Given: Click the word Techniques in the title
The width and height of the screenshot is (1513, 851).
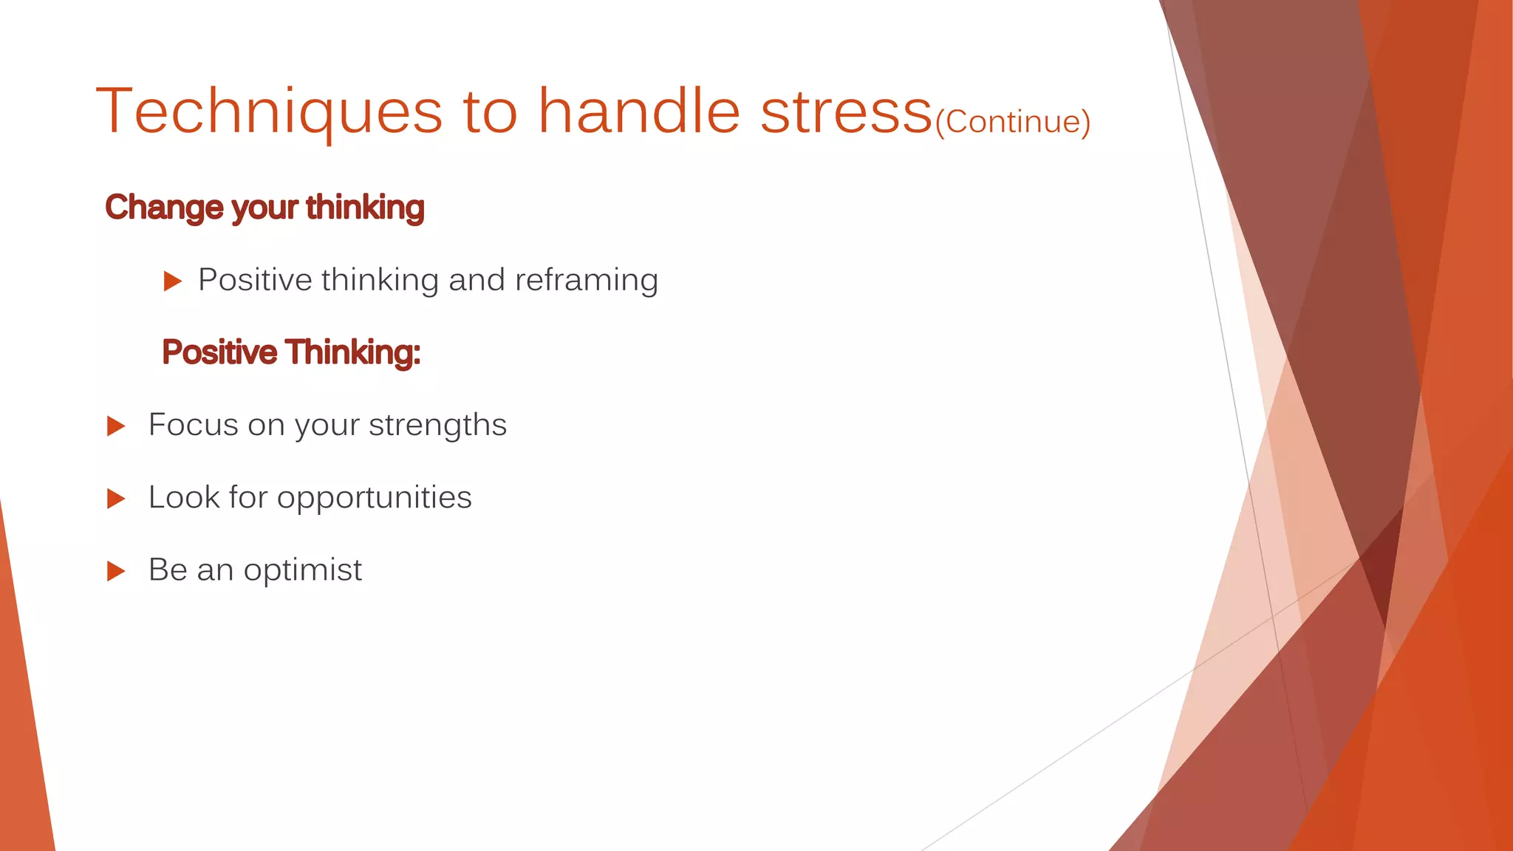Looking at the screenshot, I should [x=269, y=112].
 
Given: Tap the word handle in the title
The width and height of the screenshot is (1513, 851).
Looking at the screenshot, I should [x=639, y=112].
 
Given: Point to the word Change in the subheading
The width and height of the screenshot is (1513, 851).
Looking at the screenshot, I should [x=164, y=208].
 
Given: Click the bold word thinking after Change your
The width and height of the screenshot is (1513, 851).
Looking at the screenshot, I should [x=365, y=208].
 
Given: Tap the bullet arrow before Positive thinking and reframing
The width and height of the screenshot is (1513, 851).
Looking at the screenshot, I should [x=172, y=281].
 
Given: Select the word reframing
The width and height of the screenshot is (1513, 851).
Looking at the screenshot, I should [x=586, y=281].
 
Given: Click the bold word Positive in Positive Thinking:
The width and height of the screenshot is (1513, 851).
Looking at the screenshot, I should [x=219, y=352].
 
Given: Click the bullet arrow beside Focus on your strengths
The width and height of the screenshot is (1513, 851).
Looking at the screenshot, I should [x=116, y=426].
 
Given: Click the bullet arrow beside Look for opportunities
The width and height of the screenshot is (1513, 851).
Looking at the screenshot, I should [x=116, y=499].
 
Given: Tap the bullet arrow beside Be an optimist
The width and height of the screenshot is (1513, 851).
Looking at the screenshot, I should [x=116, y=571].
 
